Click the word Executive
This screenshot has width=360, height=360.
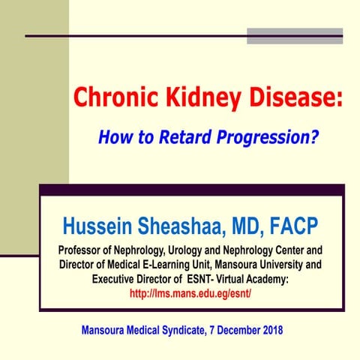coord(118,279)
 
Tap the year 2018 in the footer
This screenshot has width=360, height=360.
coord(268,330)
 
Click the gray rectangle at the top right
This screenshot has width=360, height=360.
coord(295,36)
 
